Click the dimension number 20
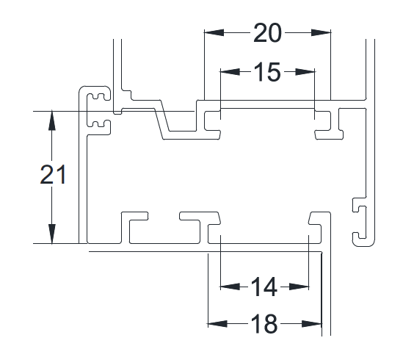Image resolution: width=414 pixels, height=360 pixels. coord(267,33)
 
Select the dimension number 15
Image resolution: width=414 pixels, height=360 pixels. coord(267,72)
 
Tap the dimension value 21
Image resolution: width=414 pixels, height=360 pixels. coord(53,174)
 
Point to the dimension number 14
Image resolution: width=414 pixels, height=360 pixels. coord(264,287)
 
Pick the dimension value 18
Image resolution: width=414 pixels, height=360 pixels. coord(264,324)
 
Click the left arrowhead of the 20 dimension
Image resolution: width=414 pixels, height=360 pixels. coord(214,33)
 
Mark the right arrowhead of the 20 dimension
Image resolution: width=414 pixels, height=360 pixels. coord(321,33)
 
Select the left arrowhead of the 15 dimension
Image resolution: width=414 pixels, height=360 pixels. coord(230,72)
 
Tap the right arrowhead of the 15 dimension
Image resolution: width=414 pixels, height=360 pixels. coord(305,72)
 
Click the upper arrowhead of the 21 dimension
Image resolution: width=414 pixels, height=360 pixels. coord(51,120)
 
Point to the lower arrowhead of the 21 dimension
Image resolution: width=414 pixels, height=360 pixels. coord(51,234)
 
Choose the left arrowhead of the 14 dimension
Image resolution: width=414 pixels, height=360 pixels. coord(230,287)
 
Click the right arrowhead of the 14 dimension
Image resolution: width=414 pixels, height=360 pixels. coord(299,287)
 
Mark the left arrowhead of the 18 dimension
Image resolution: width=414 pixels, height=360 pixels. coord(217,324)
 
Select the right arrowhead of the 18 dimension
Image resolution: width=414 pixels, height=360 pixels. coord(312,324)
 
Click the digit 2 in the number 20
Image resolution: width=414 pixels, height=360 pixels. coord(260,33)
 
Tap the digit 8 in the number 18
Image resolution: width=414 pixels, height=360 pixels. coord(271,324)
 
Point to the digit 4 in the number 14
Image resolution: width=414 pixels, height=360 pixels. coord(270,287)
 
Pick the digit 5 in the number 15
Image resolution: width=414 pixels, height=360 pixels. coord(273,72)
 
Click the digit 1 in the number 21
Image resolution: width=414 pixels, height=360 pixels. coord(61,174)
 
